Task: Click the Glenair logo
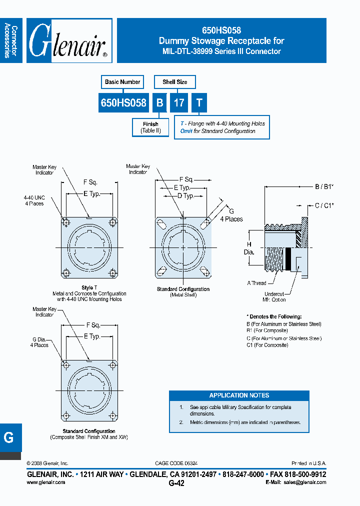[69, 41]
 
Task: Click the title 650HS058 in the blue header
[221, 30]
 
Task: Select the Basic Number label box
[122, 82]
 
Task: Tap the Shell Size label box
[174, 82]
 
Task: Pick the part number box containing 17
[178, 103]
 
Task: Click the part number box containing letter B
[159, 103]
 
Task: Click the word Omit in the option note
[186, 131]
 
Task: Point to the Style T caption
[89, 288]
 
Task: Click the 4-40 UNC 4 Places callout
[33, 200]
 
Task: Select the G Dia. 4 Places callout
[40, 342]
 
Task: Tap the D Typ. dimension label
[186, 196]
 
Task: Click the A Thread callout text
[256, 283]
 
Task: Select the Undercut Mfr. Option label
[275, 297]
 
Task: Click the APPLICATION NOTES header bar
[239, 395]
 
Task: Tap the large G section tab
[9, 437]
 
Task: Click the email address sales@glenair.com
[304, 482]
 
